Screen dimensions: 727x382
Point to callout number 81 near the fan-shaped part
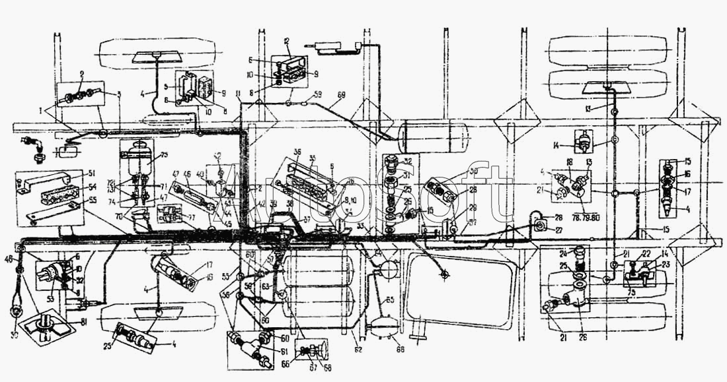(84, 322)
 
